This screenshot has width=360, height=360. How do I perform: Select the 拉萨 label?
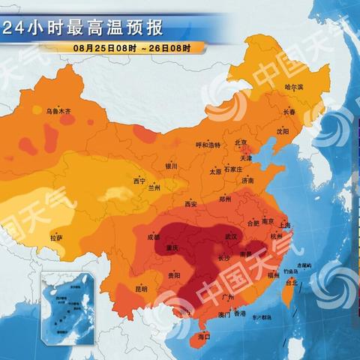pos(56,238)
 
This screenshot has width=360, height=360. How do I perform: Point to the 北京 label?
pos(241,142)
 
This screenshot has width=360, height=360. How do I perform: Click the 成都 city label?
pos(154,237)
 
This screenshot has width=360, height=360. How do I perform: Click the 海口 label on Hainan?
pos(202,338)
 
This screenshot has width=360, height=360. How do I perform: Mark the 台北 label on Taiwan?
pos(292,283)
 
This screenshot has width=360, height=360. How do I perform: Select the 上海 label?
pos(284,224)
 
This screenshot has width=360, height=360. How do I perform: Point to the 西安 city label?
pos(190,203)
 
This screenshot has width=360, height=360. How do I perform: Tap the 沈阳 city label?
pos(282,131)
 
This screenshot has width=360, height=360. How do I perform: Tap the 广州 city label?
pos(229,298)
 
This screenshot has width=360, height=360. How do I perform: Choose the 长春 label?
pos(289,112)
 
